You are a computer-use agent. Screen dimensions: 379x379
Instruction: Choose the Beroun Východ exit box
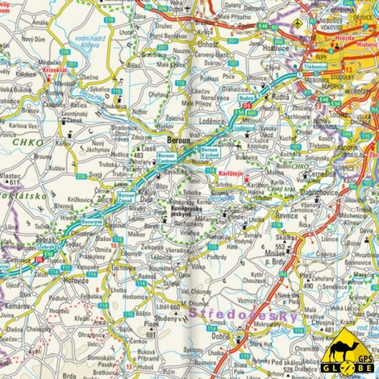tap(209, 152)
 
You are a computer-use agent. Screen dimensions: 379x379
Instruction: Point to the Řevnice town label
tap(287, 216)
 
